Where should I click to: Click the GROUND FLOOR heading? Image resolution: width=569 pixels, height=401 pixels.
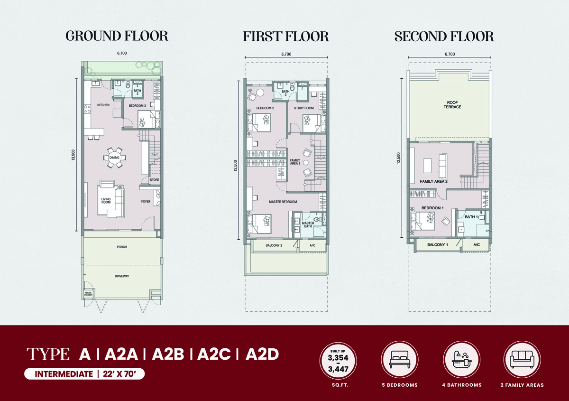click(117, 36)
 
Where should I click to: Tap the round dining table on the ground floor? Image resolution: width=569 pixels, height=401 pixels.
click(114, 158)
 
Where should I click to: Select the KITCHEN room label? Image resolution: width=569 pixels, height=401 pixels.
click(103, 105)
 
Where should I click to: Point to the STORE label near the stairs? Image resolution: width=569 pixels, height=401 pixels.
click(155, 179)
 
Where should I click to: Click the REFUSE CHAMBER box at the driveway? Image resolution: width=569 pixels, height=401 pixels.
click(88, 294)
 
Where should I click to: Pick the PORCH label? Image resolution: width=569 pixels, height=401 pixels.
click(122, 247)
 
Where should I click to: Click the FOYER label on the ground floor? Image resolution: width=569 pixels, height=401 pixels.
click(146, 201)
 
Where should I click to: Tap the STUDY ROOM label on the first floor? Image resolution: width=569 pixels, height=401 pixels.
click(304, 108)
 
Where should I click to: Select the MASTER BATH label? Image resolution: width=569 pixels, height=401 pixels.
click(308, 224)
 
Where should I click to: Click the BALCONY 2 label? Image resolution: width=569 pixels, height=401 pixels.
click(274, 245)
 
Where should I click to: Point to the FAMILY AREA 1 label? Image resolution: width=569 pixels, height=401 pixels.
click(295, 162)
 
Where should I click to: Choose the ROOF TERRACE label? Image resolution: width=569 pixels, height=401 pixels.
click(452, 105)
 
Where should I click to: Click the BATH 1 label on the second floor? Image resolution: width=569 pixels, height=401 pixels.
click(471, 217)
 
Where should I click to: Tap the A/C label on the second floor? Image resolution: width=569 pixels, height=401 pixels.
click(477, 244)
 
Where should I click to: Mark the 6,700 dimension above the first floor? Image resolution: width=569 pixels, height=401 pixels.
click(286, 54)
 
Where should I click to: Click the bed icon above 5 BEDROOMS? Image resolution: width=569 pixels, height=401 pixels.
click(400, 360)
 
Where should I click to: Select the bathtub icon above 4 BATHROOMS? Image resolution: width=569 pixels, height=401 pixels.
click(462, 360)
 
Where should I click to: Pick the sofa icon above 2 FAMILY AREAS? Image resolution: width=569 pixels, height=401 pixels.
click(522, 360)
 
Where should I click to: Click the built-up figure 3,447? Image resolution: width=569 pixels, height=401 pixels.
click(338, 369)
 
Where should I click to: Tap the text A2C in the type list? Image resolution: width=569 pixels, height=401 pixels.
click(214, 354)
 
